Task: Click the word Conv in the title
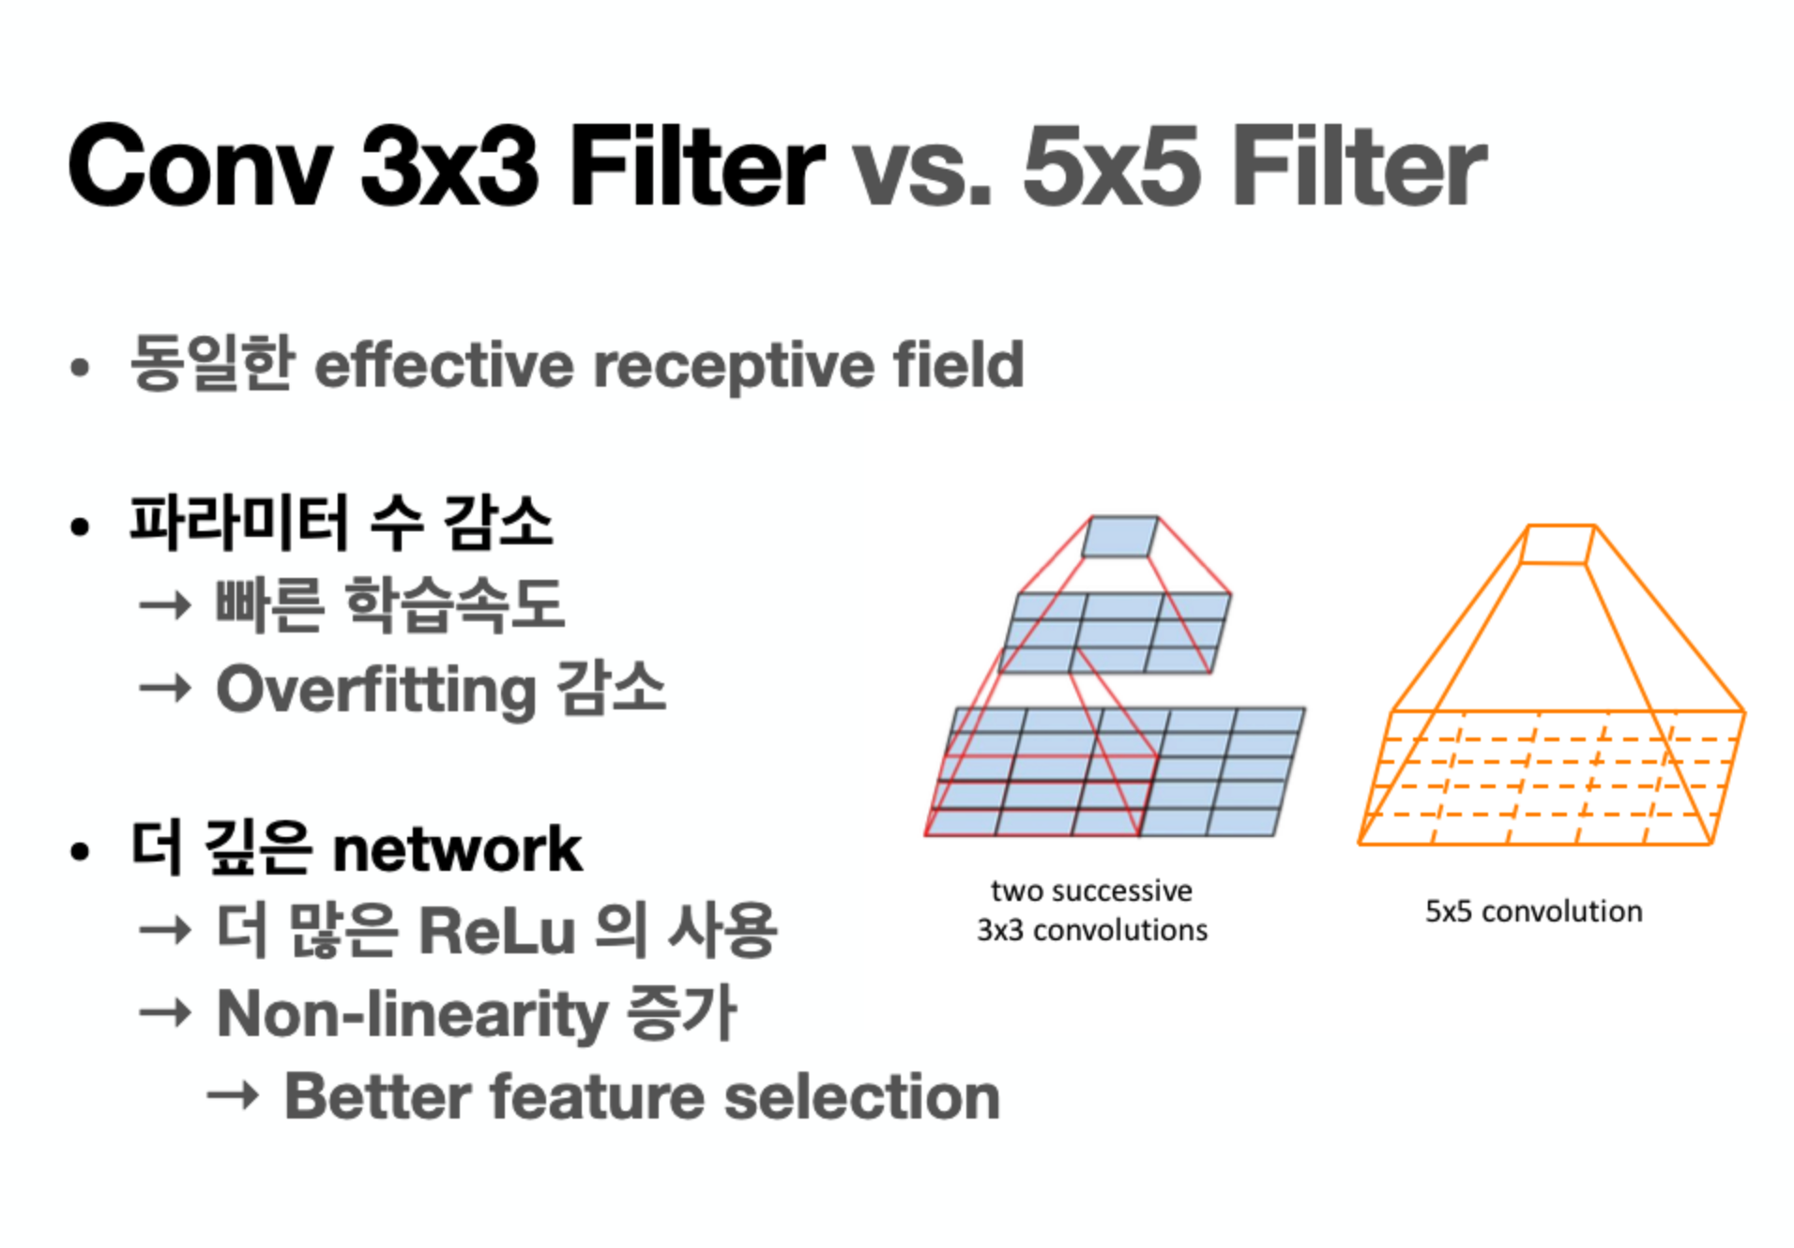tap(201, 166)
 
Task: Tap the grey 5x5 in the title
tap(1111, 166)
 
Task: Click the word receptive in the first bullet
tap(733, 367)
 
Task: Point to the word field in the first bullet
tap(958, 363)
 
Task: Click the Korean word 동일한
tap(212, 362)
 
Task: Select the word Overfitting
tap(376, 691)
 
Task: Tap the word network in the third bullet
tap(457, 849)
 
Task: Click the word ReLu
tap(496, 930)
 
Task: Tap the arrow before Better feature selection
tap(233, 1095)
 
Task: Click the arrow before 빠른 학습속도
tap(165, 605)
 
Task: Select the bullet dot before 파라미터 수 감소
tap(80, 526)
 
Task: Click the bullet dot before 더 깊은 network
tap(80, 851)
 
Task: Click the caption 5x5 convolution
tap(1533, 911)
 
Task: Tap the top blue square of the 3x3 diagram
tap(1120, 536)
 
